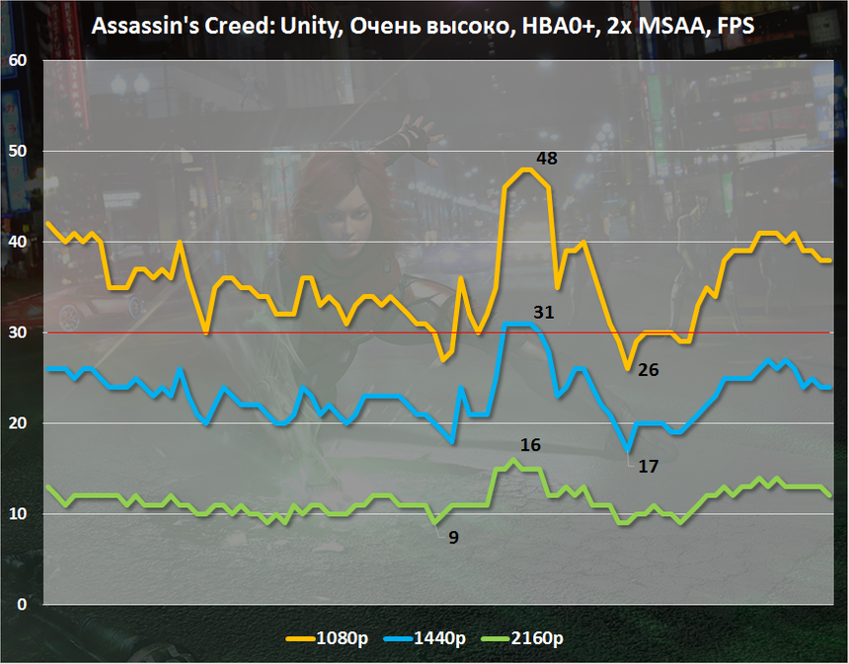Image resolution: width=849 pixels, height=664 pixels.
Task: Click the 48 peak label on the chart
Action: tap(546, 158)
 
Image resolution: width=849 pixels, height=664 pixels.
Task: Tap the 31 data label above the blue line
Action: tap(543, 313)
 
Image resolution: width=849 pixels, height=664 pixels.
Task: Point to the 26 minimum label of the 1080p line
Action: tap(649, 371)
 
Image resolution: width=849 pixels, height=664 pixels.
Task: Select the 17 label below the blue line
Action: tap(648, 466)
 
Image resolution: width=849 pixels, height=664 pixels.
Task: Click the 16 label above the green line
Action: tap(529, 445)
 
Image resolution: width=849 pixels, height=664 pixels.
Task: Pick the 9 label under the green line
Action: tap(453, 539)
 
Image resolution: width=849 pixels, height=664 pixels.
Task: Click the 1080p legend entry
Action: tap(330, 638)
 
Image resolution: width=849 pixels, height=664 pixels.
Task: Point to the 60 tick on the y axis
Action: tap(19, 61)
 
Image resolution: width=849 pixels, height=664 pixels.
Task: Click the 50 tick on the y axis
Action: tap(19, 152)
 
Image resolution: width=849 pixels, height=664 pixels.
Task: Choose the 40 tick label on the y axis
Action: tap(19, 243)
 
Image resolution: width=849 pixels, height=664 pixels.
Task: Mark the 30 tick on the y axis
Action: tap(19, 333)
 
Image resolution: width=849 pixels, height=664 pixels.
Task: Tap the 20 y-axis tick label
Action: tap(19, 424)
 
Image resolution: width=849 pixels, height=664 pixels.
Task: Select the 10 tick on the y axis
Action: tap(19, 515)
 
